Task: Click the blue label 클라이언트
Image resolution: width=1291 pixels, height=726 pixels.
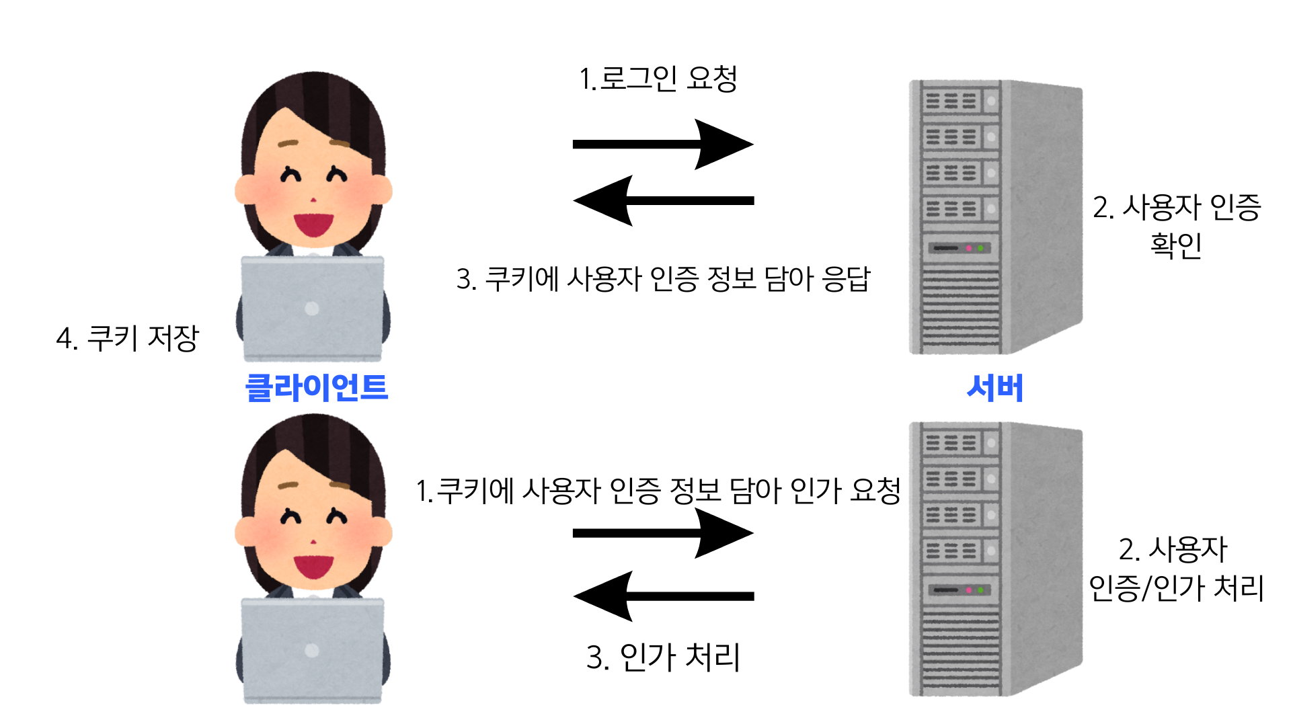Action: [x=317, y=388]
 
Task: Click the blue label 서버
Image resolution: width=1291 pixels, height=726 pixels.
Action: [x=994, y=388]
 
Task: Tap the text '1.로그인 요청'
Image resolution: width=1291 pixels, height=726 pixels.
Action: [x=658, y=79]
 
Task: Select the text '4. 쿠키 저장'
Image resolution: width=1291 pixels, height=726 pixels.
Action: [x=128, y=338]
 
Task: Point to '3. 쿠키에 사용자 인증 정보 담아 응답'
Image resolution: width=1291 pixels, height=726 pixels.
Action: [x=663, y=279]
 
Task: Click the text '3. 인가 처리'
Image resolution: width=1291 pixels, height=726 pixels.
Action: [x=663, y=657]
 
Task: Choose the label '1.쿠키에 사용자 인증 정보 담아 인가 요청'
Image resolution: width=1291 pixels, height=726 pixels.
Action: [x=658, y=491]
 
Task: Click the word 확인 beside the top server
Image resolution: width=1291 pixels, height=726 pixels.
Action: [x=1176, y=245]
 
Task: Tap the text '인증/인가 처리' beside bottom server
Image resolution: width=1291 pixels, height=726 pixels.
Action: [x=1176, y=588]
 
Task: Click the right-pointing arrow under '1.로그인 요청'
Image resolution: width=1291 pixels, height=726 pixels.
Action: [x=663, y=144]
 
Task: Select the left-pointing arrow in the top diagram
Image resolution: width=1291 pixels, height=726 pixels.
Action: [x=663, y=200]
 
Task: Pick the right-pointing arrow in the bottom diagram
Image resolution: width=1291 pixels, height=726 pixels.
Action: [x=663, y=533]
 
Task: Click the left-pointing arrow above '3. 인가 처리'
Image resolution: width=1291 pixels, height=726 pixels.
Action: [x=663, y=596]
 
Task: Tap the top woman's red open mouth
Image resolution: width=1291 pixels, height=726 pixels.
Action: [x=313, y=224]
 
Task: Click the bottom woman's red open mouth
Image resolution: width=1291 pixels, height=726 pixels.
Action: [x=313, y=565]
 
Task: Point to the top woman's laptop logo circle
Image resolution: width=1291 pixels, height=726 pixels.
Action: [x=311, y=309]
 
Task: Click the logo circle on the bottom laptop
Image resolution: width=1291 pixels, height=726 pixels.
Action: [x=311, y=650]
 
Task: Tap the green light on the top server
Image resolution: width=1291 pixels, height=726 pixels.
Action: [x=980, y=248]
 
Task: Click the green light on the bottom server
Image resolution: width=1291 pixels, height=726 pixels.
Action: [x=980, y=590]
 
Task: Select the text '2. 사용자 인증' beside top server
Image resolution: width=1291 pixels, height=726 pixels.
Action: [x=1176, y=207]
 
